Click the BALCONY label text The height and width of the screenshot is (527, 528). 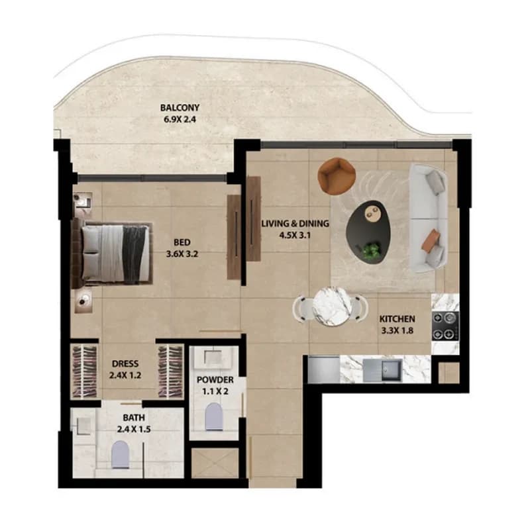(180, 108)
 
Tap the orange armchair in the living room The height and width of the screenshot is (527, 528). (337, 176)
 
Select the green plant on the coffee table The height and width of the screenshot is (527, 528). (371, 251)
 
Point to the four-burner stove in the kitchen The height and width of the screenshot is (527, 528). (445, 326)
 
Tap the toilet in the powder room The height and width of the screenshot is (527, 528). (214, 416)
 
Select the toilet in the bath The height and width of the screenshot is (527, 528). (120, 455)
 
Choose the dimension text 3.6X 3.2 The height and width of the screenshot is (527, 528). (182, 254)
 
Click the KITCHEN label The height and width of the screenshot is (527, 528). (397, 318)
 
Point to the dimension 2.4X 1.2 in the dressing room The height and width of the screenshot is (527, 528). (125, 375)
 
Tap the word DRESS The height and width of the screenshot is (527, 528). (125, 363)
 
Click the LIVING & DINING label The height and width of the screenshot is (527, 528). (295, 224)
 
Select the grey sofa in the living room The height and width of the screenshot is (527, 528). (428, 218)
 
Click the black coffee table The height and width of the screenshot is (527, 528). (368, 233)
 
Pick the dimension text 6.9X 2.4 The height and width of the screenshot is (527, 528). (180, 119)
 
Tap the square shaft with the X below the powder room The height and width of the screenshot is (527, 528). (215, 463)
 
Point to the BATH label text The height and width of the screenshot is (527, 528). (134, 418)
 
